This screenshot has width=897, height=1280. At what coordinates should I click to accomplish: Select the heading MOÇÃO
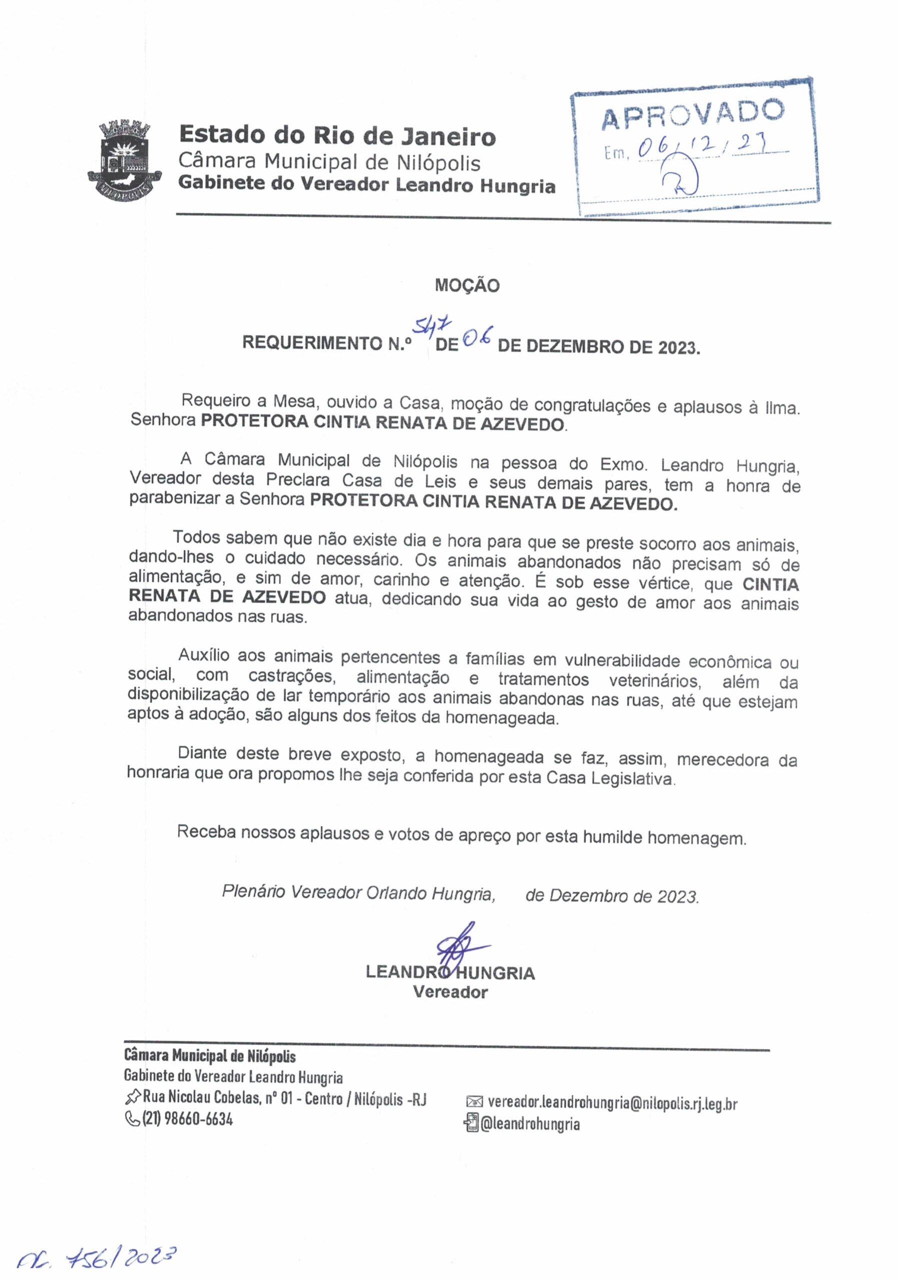point(467,285)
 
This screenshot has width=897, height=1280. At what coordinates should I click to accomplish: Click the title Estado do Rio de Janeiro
point(337,135)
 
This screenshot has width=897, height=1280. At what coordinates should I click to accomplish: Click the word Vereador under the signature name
point(450,993)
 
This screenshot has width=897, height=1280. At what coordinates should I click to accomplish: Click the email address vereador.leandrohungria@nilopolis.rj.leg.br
point(612,1103)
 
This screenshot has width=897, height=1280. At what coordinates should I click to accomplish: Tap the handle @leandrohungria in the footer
point(529,1124)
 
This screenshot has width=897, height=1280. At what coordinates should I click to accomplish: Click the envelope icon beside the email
point(474,1101)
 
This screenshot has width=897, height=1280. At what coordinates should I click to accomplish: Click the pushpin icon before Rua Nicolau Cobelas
point(132,1098)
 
